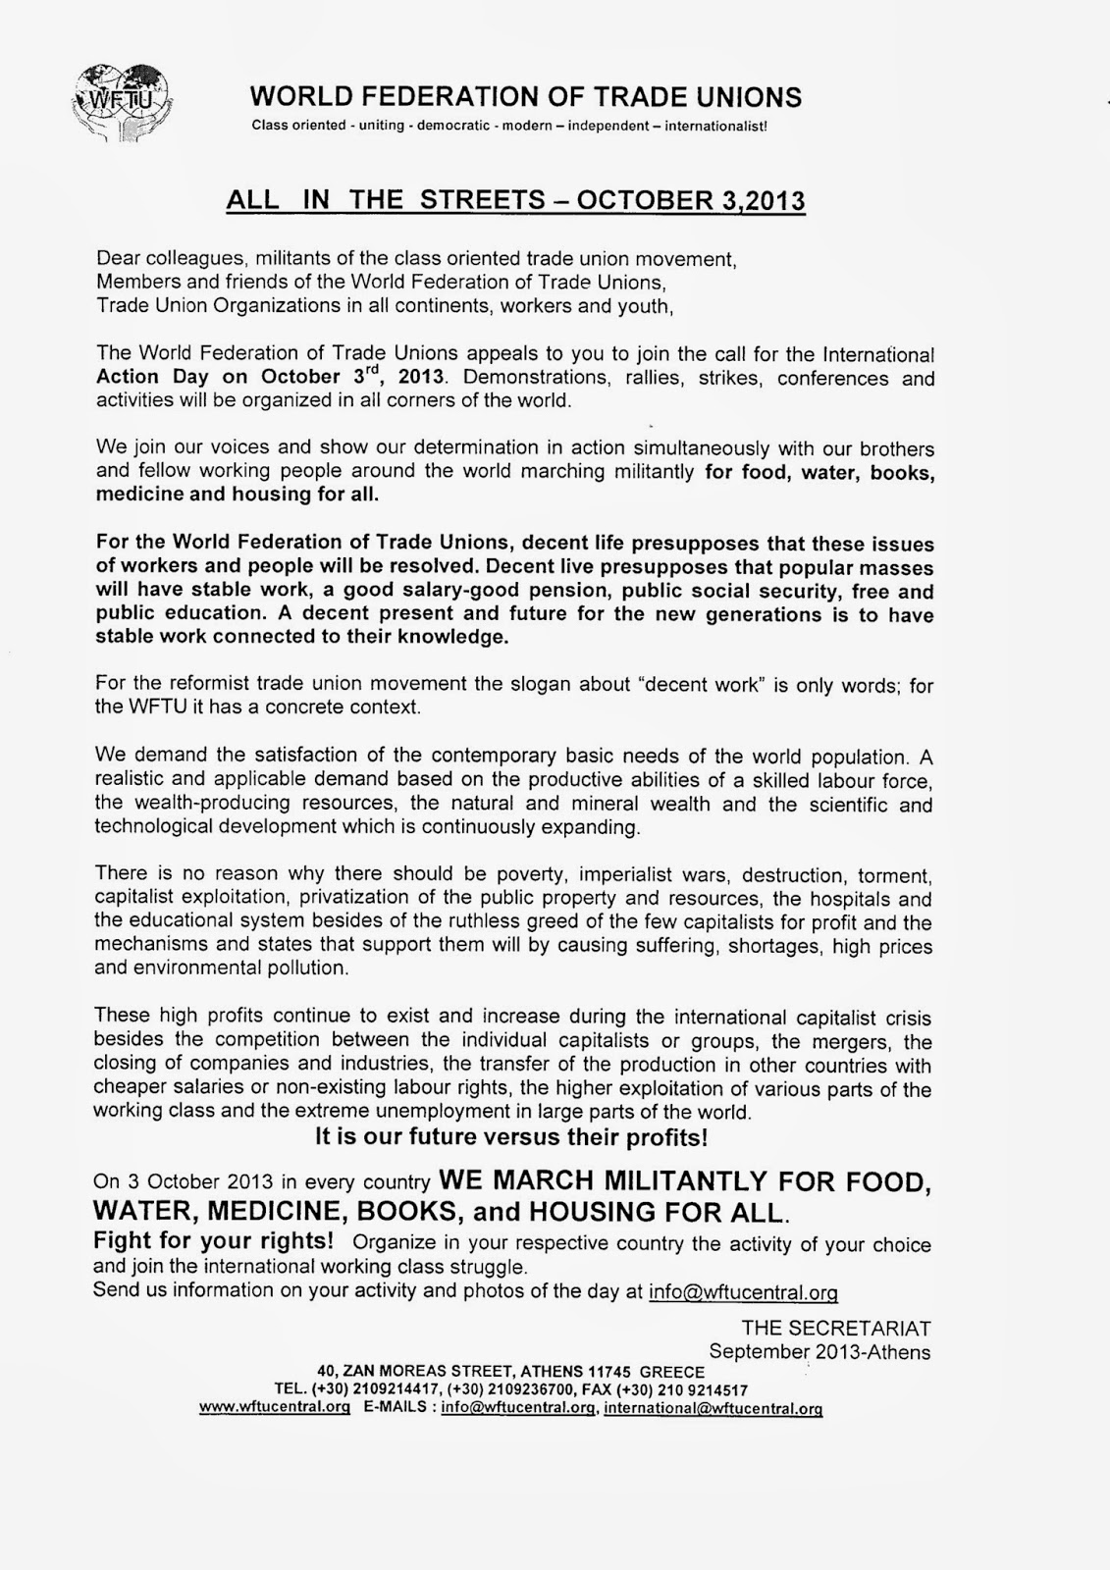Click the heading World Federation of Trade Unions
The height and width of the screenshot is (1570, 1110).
pos(526,97)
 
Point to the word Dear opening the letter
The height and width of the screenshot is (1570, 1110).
pos(118,259)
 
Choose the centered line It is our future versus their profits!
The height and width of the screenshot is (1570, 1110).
pos(511,1137)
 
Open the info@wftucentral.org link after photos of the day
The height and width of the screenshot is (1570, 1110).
pos(743,1291)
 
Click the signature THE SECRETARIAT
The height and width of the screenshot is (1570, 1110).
pos(836,1328)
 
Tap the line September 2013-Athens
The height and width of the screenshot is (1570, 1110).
pos(819,1351)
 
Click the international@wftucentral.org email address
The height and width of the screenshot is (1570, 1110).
pos(713,1407)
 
